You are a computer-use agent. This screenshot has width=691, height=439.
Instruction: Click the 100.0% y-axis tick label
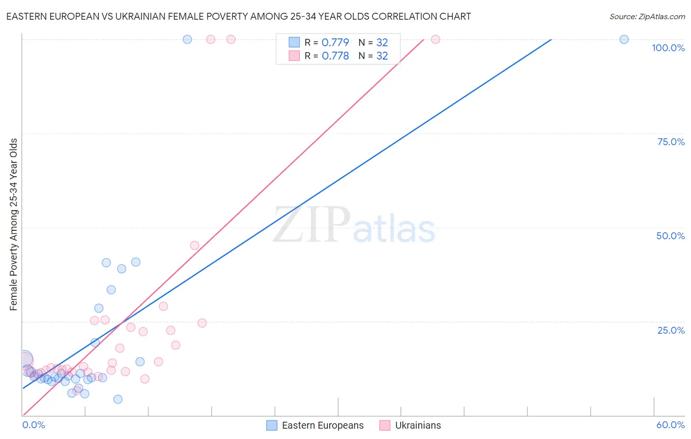pyautogui.click(x=668, y=48)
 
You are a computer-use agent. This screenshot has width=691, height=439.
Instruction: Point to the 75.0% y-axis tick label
pyautogui.click(x=671, y=142)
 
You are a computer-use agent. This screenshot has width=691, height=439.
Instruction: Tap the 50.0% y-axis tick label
pyautogui.click(x=670, y=236)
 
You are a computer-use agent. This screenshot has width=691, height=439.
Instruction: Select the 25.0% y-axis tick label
pyautogui.click(x=671, y=330)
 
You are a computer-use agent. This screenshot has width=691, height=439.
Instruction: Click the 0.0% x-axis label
pyautogui.click(x=33, y=425)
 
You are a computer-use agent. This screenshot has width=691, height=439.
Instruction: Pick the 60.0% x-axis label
pyautogui.click(x=670, y=425)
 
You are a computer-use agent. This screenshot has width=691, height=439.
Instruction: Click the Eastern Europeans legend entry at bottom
pyautogui.click(x=315, y=425)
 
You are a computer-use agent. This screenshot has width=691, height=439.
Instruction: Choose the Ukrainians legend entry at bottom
pyautogui.click(x=410, y=425)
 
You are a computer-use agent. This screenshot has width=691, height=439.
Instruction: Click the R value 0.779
pyautogui.click(x=335, y=42)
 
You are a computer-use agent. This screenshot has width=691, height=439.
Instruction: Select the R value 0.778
pyautogui.click(x=335, y=56)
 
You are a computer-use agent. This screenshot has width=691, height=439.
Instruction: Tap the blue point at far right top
pyautogui.click(x=624, y=39)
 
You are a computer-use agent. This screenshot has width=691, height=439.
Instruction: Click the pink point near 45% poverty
pyautogui.click(x=195, y=246)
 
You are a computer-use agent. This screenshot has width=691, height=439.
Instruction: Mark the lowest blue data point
pyautogui.click(x=118, y=399)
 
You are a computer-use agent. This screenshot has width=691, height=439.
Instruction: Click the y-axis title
pyautogui.click(x=14, y=224)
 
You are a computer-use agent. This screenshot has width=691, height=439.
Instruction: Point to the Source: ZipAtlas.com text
pyautogui.click(x=647, y=16)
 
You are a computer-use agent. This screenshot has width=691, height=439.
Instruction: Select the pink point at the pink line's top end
pyautogui.click(x=435, y=39)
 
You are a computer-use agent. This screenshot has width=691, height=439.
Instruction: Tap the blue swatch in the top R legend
pyautogui.click(x=294, y=42)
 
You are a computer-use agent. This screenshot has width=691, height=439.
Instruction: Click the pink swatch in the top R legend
pyautogui.click(x=294, y=56)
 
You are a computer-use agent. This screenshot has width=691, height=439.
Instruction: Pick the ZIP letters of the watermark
pyautogui.click(x=312, y=224)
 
